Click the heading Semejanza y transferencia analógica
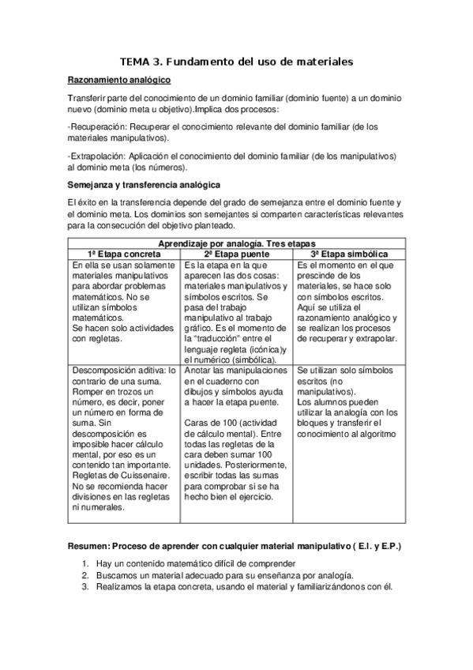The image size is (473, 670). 144,185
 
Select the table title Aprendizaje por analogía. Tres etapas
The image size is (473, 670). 235,244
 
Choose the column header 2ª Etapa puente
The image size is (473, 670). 235,254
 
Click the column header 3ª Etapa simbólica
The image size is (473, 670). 348,254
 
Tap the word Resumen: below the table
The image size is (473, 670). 89,546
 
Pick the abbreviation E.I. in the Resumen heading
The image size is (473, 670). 366,546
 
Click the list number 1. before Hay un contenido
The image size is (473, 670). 85,563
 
